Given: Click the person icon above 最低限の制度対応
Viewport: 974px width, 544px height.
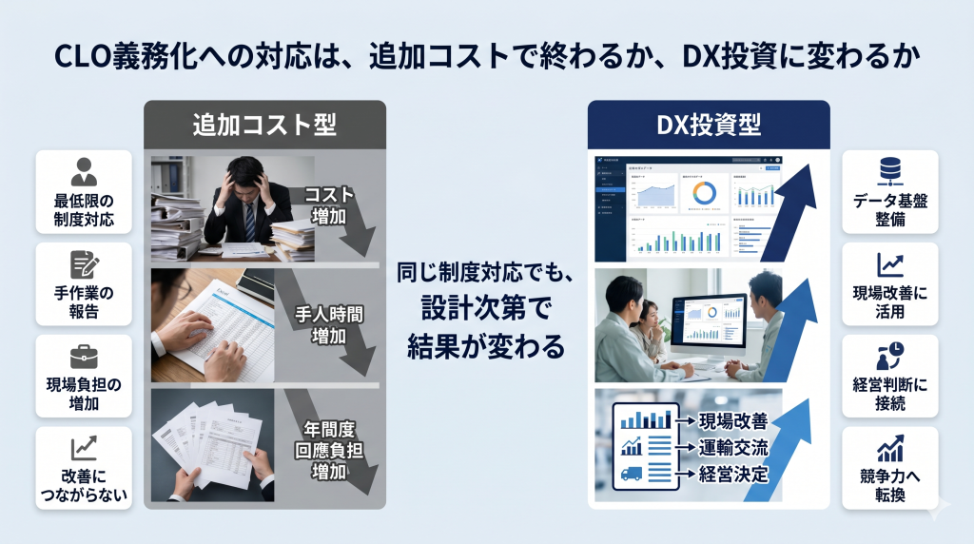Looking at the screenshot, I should coord(84,172).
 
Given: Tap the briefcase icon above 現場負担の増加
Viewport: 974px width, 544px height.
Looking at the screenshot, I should coord(84,357).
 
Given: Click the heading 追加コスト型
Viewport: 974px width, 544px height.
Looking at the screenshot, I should coord(265,124).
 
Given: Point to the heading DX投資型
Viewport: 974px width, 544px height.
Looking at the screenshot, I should coord(709,124).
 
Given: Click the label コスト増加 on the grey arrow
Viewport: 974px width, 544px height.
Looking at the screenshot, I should coord(329,205).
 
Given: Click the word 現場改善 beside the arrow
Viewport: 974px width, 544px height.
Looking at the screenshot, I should coord(733,421).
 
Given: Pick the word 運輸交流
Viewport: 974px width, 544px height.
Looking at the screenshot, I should coord(733,447).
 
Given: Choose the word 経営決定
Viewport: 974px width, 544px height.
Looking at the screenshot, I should coord(733,473).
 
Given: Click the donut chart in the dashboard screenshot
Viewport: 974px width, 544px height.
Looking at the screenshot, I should coord(704,193).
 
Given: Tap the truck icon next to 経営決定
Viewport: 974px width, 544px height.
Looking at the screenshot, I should coord(632,473).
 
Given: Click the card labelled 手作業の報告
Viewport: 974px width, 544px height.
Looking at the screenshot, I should coord(84,284).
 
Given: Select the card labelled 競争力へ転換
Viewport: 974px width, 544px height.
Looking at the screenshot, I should coord(890,468).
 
